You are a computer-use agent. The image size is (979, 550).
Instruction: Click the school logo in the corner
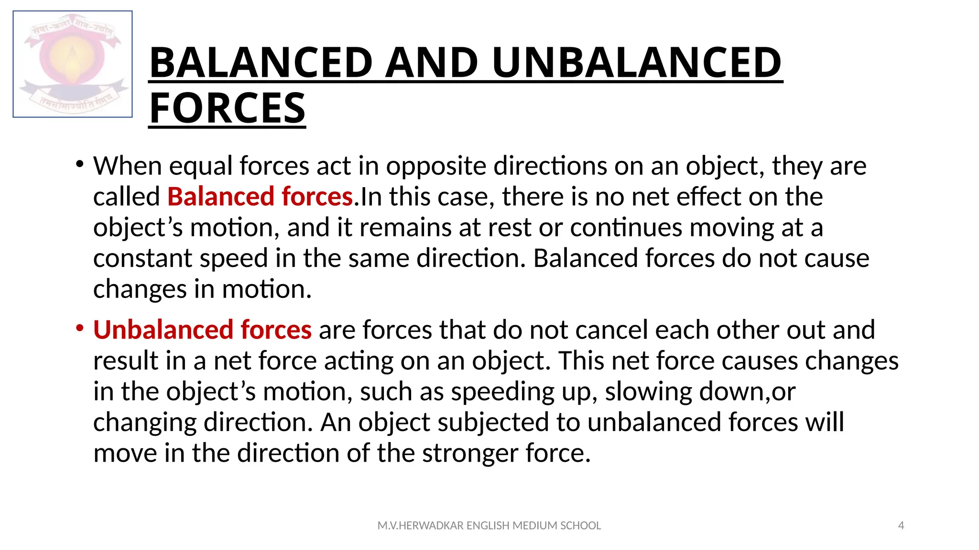click(73, 64)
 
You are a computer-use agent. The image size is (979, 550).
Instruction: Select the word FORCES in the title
click(228, 108)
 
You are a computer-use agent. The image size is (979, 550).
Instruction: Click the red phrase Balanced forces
click(260, 197)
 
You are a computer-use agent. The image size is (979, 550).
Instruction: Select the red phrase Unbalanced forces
click(202, 330)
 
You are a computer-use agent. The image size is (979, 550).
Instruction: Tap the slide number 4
click(901, 526)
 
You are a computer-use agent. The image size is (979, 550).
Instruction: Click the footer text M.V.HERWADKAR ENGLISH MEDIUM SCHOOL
click(489, 526)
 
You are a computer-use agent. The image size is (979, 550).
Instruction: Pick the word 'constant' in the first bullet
click(142, 259)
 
